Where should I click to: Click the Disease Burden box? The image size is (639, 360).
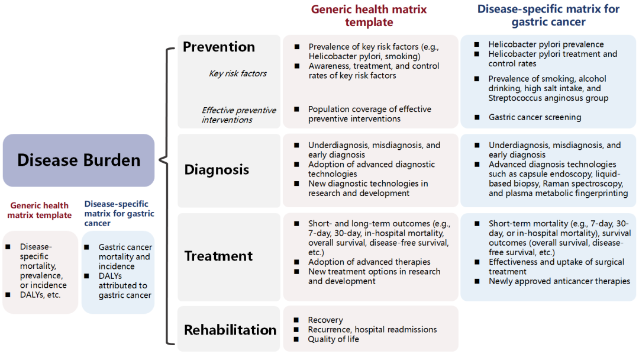(79, 160)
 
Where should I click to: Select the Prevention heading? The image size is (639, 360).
(219, 47)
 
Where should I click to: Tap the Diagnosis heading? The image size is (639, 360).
(217, 169)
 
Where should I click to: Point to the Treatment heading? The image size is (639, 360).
(218, 256)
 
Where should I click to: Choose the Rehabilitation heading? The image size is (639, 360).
(230, 330)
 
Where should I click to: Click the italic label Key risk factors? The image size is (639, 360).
(238, 73)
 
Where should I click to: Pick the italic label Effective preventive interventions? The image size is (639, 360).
(239, 115)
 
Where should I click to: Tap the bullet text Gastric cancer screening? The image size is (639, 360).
(535, 117)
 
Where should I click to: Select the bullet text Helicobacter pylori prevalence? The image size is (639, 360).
(546, 44)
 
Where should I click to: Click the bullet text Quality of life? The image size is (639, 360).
(333, 339)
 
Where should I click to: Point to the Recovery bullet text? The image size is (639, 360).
(325, 320)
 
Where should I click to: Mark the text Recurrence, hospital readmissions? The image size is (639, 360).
(372, 329)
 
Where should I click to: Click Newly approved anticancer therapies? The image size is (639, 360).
(559, 281)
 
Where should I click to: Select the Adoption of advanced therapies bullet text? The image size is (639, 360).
(369, 262)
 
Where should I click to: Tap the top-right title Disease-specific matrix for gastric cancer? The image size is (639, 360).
(548, 15)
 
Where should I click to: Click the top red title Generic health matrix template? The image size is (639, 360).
(369, 15)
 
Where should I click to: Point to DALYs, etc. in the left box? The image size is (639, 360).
(40, 295)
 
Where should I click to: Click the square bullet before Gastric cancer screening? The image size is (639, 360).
(477, 117)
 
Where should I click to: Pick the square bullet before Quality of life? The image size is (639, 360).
(296, 339)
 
